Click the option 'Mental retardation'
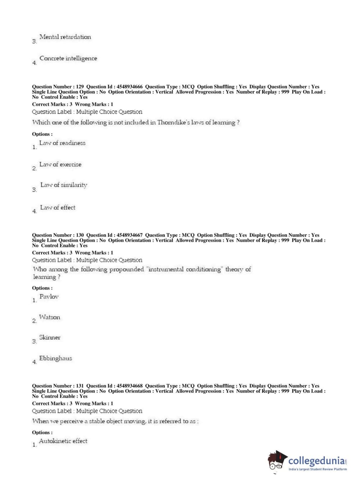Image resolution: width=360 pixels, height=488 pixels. click(x=65, y=37)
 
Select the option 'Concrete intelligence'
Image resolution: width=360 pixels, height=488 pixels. click(x=68, y=58)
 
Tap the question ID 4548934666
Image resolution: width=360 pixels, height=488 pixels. click(x=129, y=87)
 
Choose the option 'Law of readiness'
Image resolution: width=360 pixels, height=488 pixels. click(x=62, y=143)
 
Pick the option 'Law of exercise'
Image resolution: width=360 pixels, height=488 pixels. click(x=60, y=164)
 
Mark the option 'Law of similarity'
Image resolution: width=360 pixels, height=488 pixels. click(x=64, y=185)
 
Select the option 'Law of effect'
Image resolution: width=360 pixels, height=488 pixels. click(x=58, y=208)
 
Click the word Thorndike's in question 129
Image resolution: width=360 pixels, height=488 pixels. click(x=173, y=123)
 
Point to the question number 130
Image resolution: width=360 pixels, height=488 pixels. click(x=80, y=235)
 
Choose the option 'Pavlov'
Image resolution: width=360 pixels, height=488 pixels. click(x=49, y=297)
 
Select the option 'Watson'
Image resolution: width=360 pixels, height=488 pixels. click(x=50, y=317)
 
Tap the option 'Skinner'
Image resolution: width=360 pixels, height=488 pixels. click(x=50, y=338)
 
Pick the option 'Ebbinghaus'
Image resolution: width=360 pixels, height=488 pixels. click(x=55, y=358)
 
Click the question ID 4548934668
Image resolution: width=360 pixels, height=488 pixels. click(x=129, y=386)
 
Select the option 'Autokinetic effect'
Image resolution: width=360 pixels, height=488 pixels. click(x=63, y=441)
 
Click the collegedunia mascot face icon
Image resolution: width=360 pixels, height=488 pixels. click(x=277, y=461)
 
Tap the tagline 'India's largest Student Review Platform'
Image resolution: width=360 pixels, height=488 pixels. click(x=318, y=469)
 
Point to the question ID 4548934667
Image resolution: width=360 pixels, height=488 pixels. click(x=129, y=235)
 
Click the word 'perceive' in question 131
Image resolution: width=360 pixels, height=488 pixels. click(x=71, y=421)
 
